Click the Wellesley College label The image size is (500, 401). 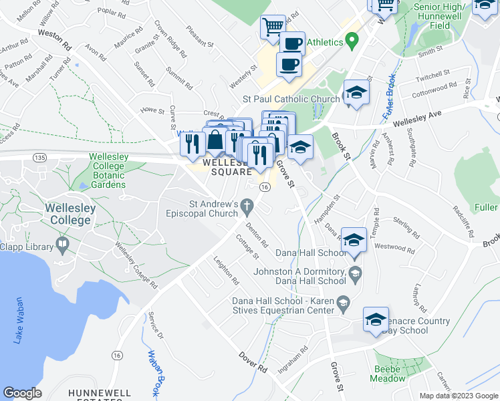pyautogui.click(x=70, y=214)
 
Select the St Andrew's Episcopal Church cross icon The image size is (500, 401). pyautogui.click(x=248, y=205)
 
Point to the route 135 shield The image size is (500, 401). pyautogui.click(x=39, y=157)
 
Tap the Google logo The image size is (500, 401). pyautogui.click(x=23, y=393)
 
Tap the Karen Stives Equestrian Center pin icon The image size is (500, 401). pyautogui.click(x=344, y=301)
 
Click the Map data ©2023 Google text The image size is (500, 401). pyautogui.click(x=459, y=396)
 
